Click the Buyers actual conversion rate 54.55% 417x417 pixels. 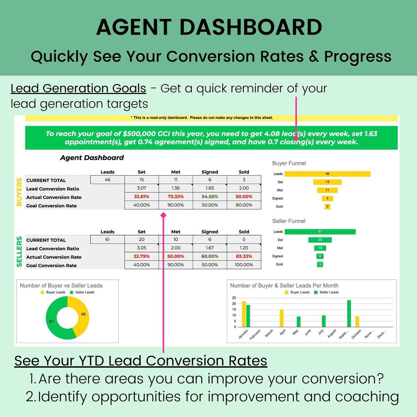click(210, 196)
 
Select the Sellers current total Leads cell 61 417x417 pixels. click(107, 240)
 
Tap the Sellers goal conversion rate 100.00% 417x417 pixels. click(244, 265)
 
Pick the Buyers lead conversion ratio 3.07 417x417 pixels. click(142, 188)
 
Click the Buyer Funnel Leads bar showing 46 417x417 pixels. click(327, 174)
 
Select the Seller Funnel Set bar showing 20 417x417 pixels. click(320, 240)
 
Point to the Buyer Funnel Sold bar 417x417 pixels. click(327, 207)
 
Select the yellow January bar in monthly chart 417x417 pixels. click(244, 314)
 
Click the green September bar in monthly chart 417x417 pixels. click(349, 313)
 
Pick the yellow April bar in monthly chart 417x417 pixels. click(282, 318)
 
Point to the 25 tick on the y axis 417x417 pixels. click(234, 298)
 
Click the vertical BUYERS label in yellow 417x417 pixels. click(19, 192)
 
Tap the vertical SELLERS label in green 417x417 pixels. click(19, 252)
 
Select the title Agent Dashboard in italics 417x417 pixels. click(92, 158)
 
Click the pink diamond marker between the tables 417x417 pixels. click(164, 215)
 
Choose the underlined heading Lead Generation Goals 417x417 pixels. click(78, 88)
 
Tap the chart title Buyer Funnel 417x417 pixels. click(289, 163)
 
